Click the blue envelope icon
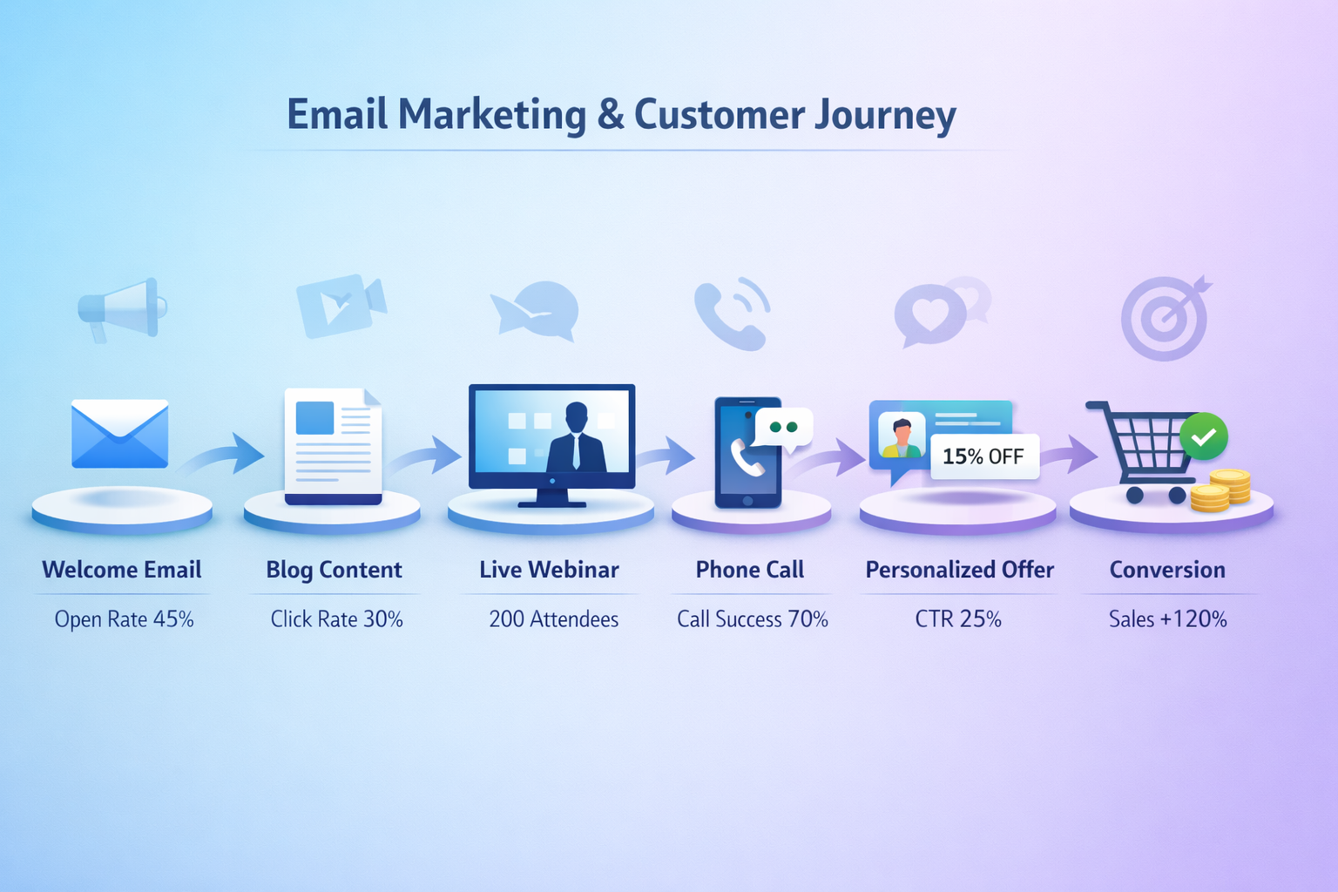[x=119, y=433]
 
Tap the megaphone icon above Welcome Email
[x=122, y=307]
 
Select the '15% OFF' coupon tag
[x=984, y=456]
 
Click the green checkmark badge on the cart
[x=1203, y=436]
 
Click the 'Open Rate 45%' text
[x=124, y=619]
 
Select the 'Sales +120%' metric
[x=1167, y=619]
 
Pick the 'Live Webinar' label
[x=549, y=570]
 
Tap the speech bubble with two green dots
[x=784, y=428]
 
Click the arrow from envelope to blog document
[x=225, y=454]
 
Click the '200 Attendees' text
[x=553, y=619]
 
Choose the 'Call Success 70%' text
[x=752, y=619]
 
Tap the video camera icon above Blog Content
[x=340, y=306]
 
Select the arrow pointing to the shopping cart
[x=1070, y=454]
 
